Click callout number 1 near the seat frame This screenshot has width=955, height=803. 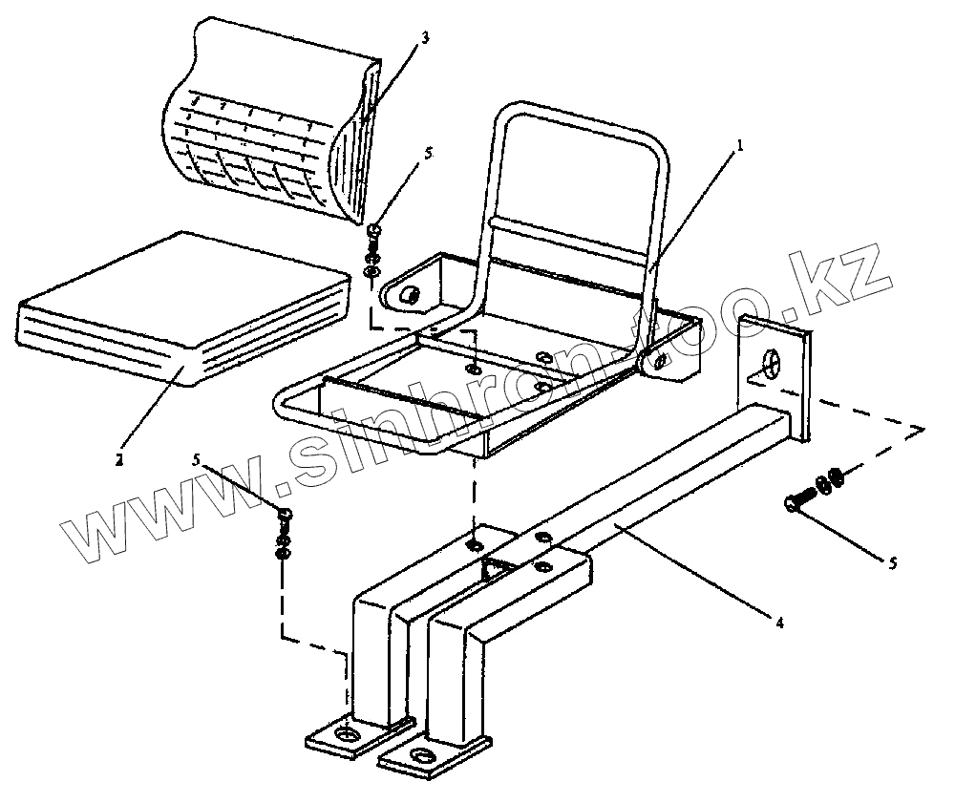[x=739, y=148]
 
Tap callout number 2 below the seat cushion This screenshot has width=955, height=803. [x=119, y=459]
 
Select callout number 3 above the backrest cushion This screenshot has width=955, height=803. [x=425, y=38]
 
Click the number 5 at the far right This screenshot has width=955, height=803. [x=893, y=563]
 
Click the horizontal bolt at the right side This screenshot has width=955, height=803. [x=800, y=499]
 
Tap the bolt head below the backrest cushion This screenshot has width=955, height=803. [x=373, y=229]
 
